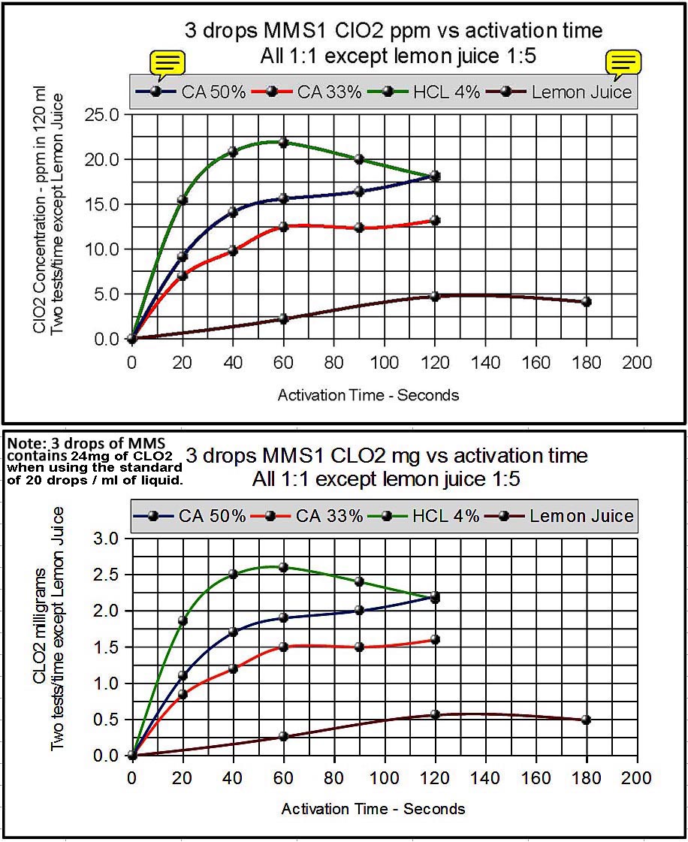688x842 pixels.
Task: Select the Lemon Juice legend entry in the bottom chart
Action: coord(581,516)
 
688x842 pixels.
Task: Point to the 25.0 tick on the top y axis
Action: coord(104,115)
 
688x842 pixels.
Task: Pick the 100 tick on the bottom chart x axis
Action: coord(385,778)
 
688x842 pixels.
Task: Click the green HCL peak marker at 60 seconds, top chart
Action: coord(283,142)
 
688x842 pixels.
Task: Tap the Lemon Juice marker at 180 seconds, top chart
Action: coord(587,301)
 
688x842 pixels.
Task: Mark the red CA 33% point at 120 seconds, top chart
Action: coord(435,220)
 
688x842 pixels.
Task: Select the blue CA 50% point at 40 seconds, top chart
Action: coord(233,213)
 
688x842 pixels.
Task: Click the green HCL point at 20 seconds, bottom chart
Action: coord(183,620)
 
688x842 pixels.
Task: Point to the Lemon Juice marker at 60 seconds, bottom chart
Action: coord(283,736)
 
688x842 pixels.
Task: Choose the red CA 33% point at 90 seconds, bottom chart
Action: coord(359,647)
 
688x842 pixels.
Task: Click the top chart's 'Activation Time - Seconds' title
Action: coord(368,394)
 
